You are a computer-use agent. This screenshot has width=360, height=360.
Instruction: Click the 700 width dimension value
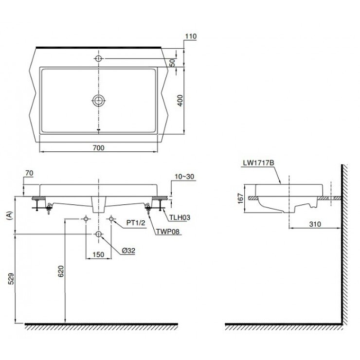(98, 147)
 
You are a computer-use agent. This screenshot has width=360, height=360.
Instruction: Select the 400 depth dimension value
(180, 100)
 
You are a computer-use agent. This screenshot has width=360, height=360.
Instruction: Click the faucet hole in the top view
(99, 58)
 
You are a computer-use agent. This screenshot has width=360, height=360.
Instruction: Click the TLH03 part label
(180, 218)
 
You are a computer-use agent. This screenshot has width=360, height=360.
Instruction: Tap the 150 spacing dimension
(98, 254)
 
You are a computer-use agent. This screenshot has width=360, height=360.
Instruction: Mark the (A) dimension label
(8, 216)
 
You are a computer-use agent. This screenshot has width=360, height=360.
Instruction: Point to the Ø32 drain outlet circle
(99, 234)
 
